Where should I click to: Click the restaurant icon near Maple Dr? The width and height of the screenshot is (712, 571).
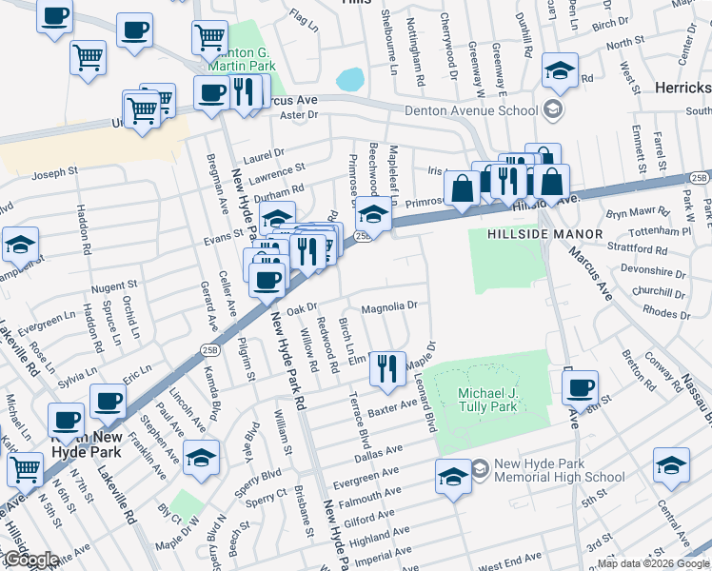tap(386, 368)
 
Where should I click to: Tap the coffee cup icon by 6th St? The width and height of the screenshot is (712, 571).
tap(580, 387)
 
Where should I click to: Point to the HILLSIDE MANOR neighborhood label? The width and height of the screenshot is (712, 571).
tap(545, 234)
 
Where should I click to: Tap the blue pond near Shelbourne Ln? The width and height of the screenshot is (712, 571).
tap(349, 79)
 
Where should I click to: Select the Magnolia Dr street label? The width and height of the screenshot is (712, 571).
tap(389, 306)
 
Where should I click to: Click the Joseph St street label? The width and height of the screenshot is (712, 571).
tap(54, 173)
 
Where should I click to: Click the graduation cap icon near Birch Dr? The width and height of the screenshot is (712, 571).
tap(560, 70)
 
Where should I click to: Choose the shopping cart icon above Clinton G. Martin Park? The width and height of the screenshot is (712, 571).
tap(208, 38)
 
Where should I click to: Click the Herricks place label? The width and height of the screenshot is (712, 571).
tap(682, 88)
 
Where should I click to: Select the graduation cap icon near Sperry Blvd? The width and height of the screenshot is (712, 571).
tap(201, 457)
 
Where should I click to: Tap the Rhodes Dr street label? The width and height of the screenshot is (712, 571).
tap(666, 312)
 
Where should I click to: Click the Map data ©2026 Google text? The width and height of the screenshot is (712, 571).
tap(652, 563)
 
